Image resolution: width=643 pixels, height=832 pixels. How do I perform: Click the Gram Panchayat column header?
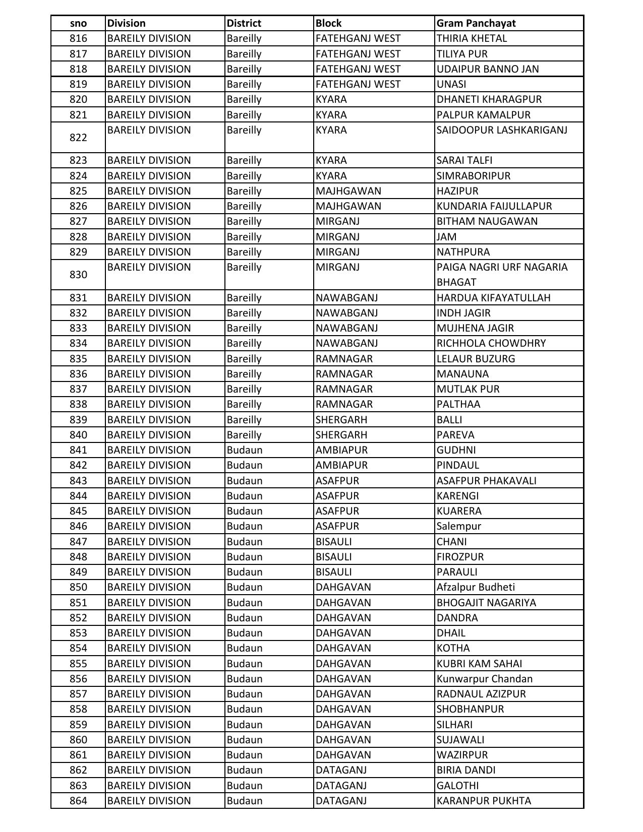[x=476, y=23]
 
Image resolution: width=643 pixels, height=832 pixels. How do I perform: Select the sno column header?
[x=78, y=23]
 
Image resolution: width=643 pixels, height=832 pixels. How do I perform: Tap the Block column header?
[x=328, y=23]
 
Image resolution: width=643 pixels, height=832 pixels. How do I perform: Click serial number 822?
[x=78, y=138]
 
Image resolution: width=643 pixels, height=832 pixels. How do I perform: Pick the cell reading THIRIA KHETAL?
[x=472, y=38]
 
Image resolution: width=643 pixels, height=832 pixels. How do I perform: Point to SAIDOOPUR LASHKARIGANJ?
[x=502, y=130]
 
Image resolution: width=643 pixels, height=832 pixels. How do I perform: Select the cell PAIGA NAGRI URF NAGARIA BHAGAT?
[x=502, y=274]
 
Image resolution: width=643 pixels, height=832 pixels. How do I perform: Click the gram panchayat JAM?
[x=446, y=237]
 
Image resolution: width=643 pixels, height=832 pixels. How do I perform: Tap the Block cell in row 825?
[x=348, y=191]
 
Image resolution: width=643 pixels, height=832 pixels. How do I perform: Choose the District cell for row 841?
[x=244, y=450]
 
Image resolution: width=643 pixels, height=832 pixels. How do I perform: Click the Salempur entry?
[x=458, y=526]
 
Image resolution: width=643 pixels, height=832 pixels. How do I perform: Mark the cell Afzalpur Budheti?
[x=476, y=587]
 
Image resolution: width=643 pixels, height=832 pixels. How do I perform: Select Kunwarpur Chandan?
[x=484, y=679]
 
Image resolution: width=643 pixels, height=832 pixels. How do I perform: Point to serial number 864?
[x=78, y=801]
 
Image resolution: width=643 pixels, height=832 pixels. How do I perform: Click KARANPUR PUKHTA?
[x=483, y=801]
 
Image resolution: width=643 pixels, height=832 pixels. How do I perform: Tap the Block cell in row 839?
[x=341, y=420]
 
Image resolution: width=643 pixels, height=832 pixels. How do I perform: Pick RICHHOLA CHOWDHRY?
[x=491, y=343]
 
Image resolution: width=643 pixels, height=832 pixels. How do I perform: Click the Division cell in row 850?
[x=149, y=587]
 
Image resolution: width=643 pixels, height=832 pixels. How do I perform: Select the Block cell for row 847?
[x=333, y=542]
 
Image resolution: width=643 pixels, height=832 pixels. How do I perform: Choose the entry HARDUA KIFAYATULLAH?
[x=493, y=298]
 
